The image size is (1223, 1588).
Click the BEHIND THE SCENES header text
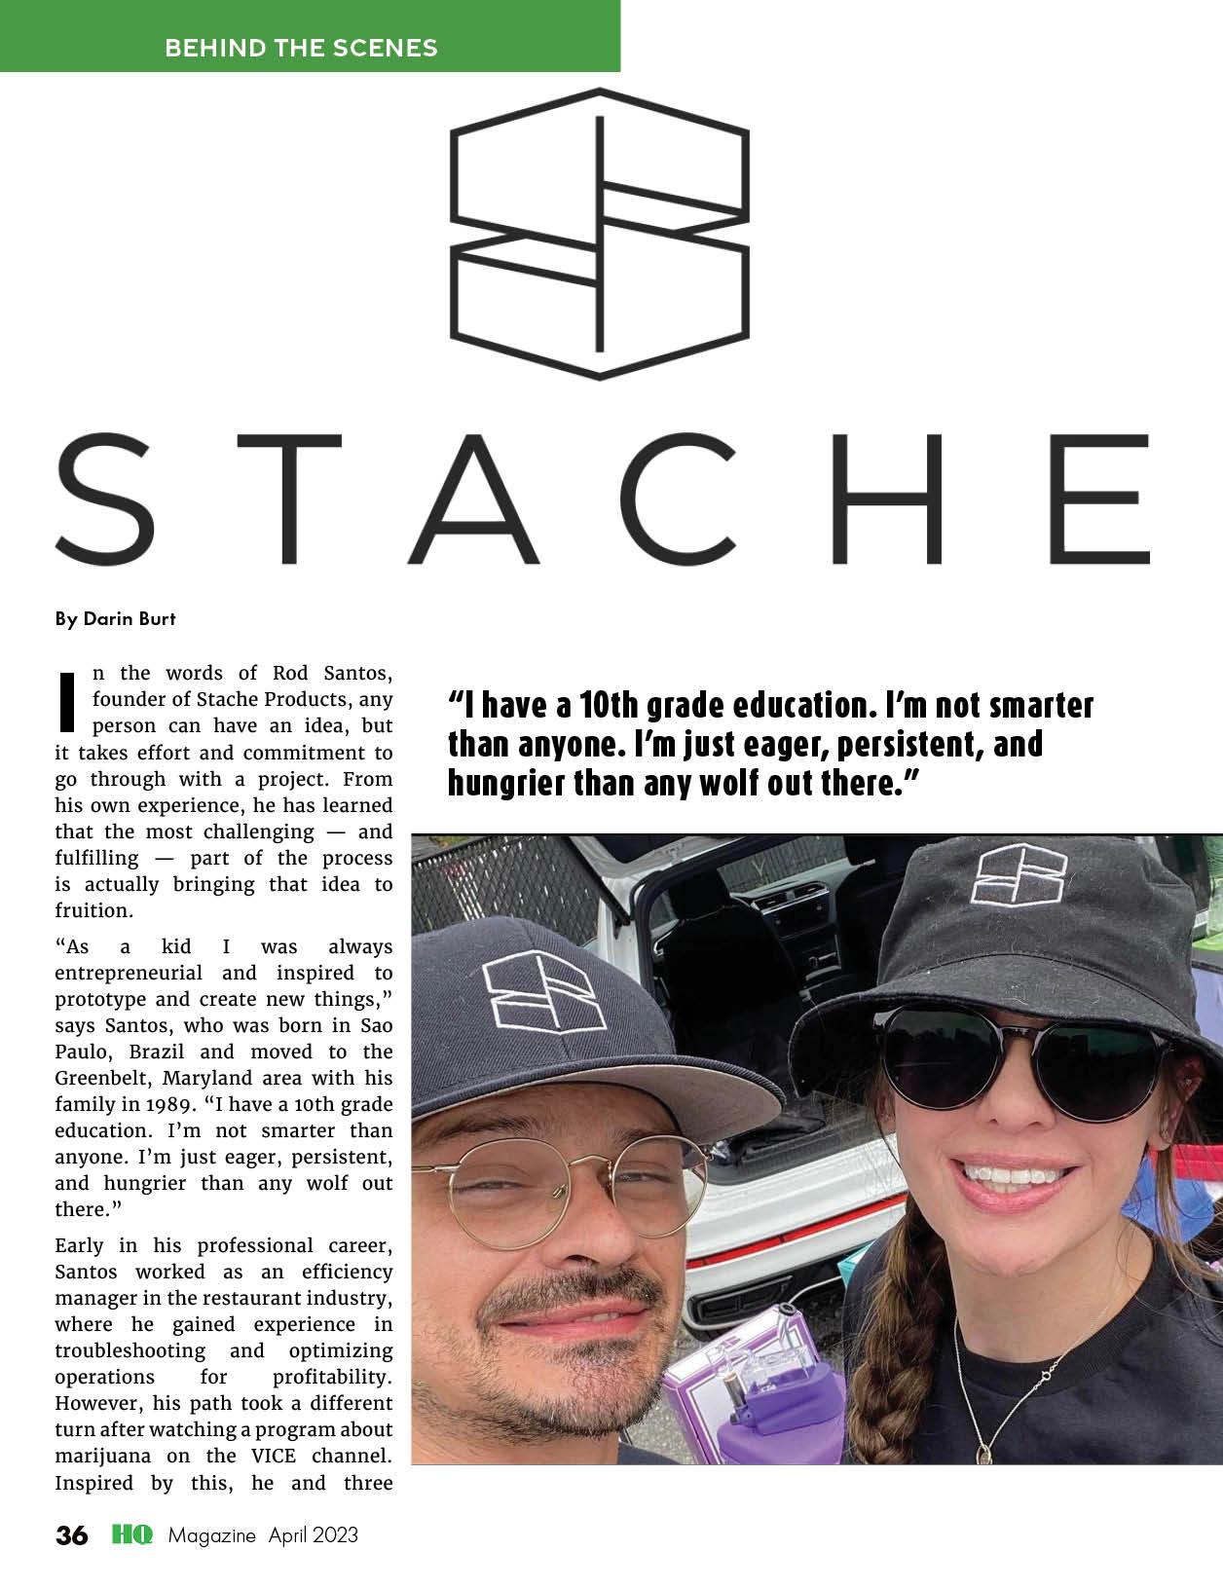point(301,48)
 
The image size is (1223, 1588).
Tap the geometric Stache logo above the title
point(599,234)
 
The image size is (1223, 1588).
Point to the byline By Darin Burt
point(116,618)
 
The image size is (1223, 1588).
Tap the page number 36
point(72,1535)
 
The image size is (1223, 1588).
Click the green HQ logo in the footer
point(132,1535)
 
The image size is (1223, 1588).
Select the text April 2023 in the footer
point(314,1535)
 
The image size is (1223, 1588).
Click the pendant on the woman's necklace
point(984,1454)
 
